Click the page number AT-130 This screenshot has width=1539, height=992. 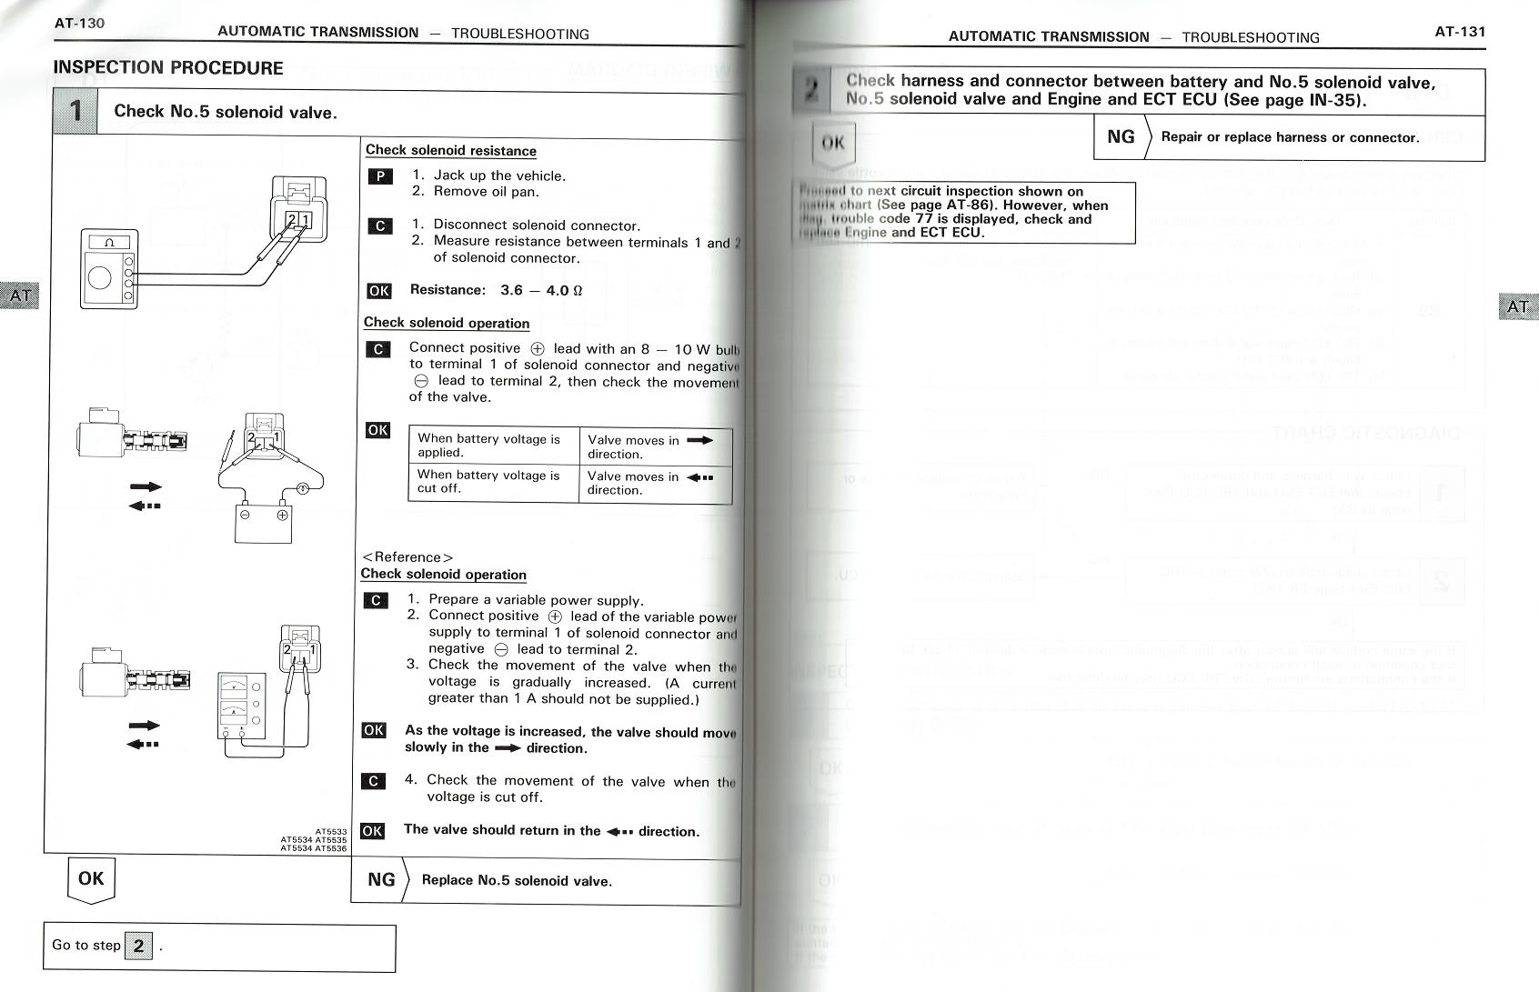pos(79,23)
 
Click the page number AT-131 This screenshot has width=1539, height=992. pos(1459,32)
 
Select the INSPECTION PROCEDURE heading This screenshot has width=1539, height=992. pos(168,68)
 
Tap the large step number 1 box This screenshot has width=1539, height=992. pos(75,111)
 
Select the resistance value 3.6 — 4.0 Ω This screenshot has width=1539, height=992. pos(540,291)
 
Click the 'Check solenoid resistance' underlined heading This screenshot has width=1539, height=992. pos(450,151)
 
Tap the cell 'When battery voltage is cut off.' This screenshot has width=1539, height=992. pos(492,482)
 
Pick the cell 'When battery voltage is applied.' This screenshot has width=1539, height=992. pos(492,446)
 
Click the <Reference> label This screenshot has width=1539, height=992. pos(407,557)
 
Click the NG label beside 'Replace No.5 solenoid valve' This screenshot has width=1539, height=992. pos(381,880)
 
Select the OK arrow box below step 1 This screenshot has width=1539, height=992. pos(91,879)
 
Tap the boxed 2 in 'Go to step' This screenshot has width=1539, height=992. pos(138,946)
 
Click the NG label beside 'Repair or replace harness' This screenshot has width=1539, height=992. pos(1121,137)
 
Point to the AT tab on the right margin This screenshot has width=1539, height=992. pos(1517,307)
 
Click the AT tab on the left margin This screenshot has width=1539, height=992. pos(19,296)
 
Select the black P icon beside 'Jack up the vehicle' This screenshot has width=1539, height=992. pos(379,176)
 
